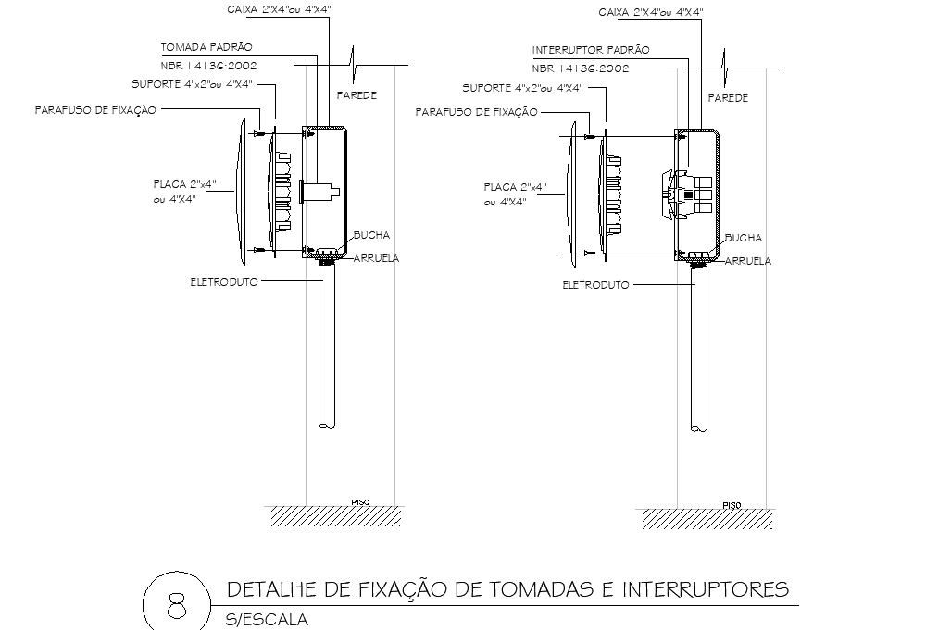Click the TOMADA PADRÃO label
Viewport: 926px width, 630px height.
point(206,46)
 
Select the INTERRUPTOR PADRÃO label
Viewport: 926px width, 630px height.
point(591,49)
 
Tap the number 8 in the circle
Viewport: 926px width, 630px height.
point(174,607)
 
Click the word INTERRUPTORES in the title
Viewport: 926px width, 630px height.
point(707,589)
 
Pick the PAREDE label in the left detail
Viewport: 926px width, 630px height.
point(357,95)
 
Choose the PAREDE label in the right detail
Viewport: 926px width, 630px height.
point(728,97)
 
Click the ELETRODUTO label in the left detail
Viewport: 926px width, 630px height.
point(223,280)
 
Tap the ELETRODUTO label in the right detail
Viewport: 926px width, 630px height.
point(595,285)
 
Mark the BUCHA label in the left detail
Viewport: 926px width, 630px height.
point(371,235)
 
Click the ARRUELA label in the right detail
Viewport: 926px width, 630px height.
point(747,261)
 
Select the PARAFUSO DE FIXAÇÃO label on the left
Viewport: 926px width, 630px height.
point(95,109)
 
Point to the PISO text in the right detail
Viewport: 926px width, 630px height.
point(732,505)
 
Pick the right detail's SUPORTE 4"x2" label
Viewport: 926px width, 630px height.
point(522,88)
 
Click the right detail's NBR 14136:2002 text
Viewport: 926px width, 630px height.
point(581,68)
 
